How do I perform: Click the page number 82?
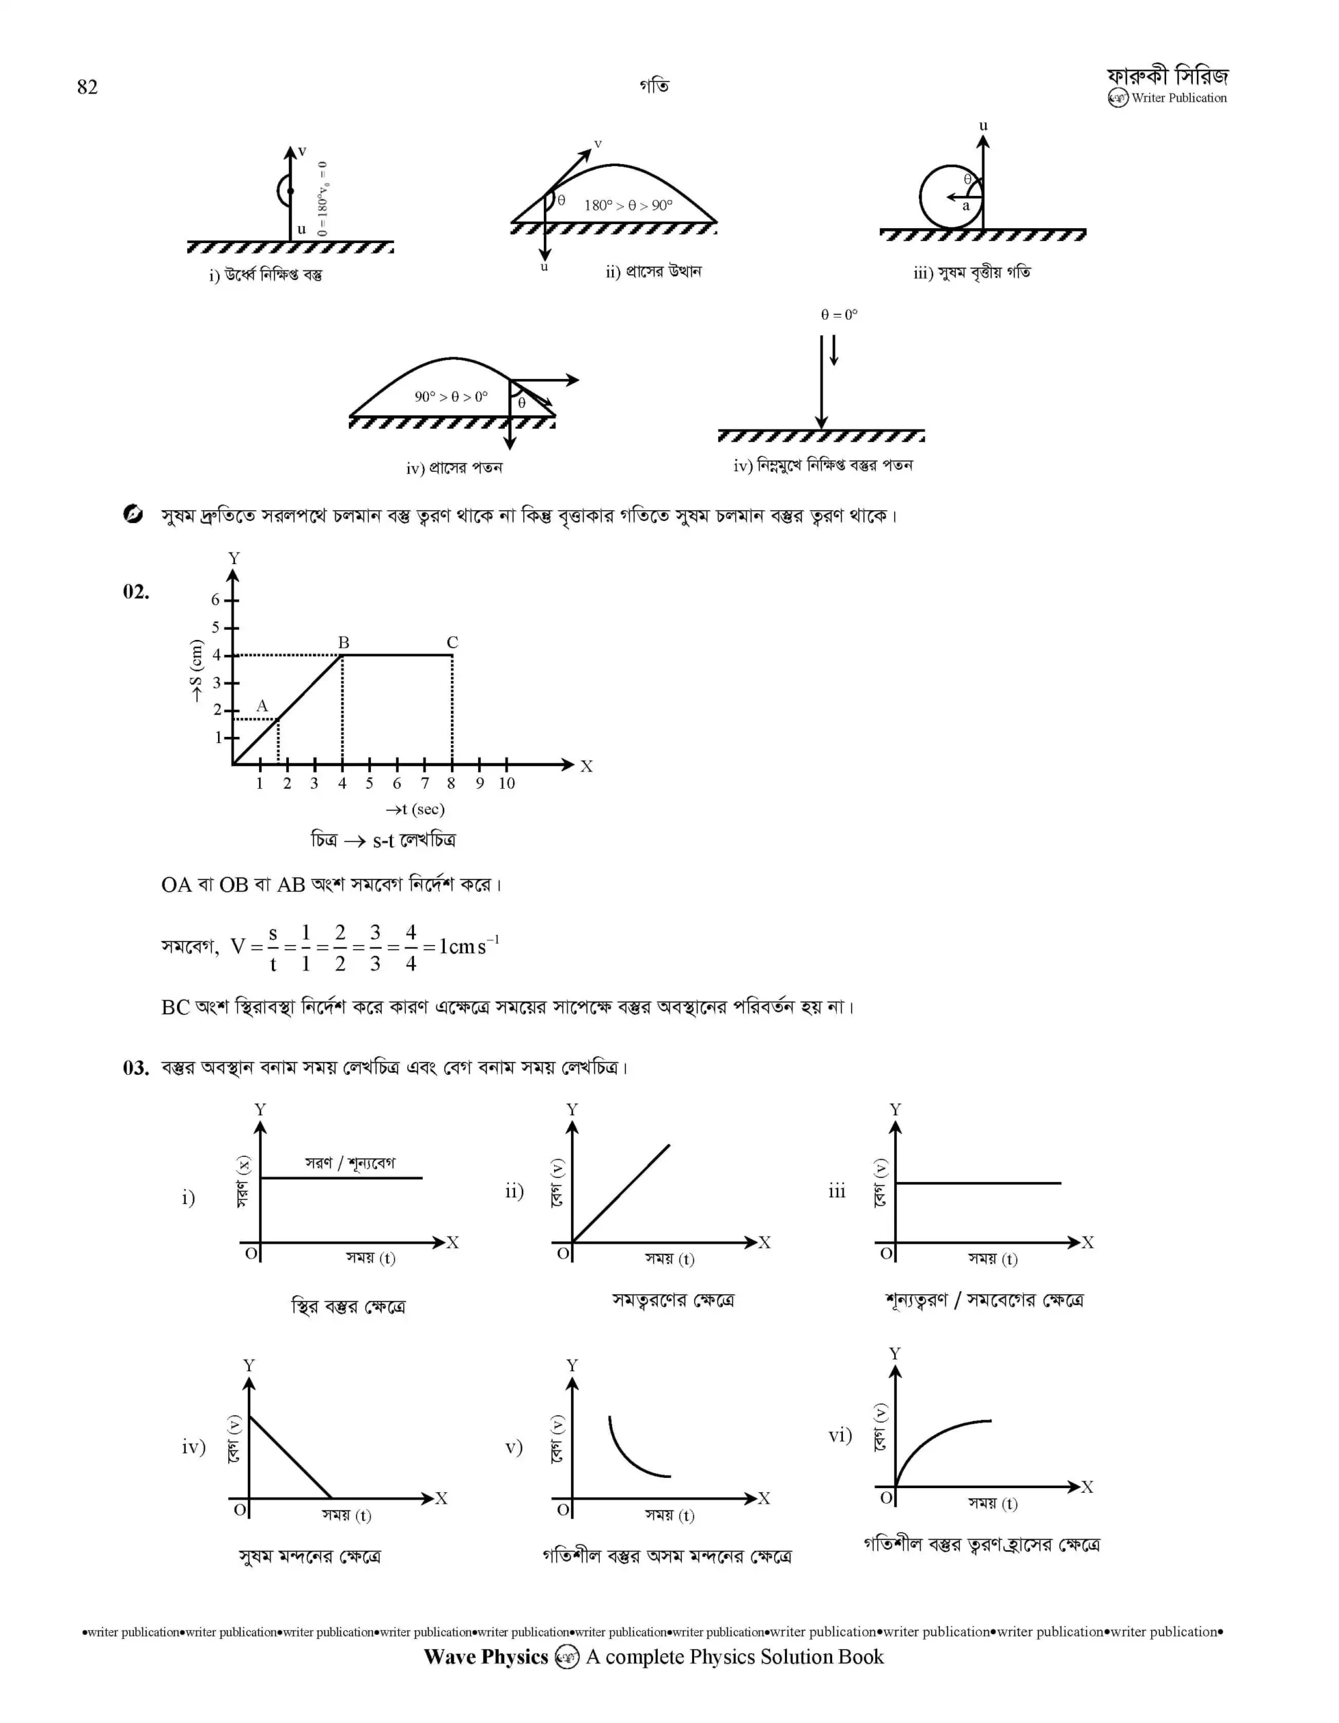(88, 87)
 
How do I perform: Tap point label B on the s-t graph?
(343, 643)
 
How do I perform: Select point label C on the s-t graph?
(452, 643)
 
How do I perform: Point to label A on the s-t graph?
(262, 706)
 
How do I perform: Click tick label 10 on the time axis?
(506, 783)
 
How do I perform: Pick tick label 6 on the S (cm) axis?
(215, 600)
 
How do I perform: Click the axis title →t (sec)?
(415, 810)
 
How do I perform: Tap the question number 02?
(136, 592)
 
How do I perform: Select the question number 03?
(136, 1068)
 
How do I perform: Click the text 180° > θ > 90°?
(628, 205)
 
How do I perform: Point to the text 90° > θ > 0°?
(450, 397)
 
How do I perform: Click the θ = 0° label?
(839, 315)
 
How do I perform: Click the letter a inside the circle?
(965, 207)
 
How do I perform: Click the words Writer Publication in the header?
(1179, 99)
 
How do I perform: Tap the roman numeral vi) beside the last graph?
(840, 1435)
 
